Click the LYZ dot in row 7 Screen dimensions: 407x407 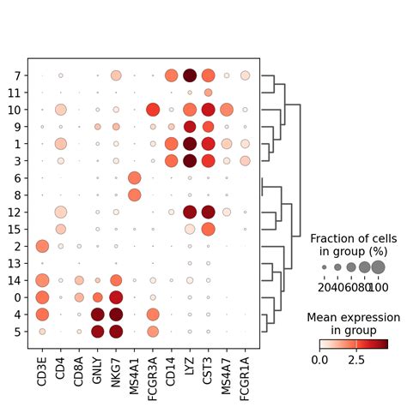click(190, 75)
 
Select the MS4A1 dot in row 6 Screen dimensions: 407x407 click(134, 177)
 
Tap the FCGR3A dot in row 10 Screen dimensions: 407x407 click(153, 110)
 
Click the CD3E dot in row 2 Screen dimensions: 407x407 click(41, 246)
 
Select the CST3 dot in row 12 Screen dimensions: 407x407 click(209, 212)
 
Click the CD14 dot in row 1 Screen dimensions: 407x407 click(172, 143)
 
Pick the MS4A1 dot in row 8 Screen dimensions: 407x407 click(134, 195)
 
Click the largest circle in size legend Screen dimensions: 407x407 click(378, 267)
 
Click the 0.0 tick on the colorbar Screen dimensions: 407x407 click(319, 360)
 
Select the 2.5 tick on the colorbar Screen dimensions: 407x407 click(356, 360)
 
